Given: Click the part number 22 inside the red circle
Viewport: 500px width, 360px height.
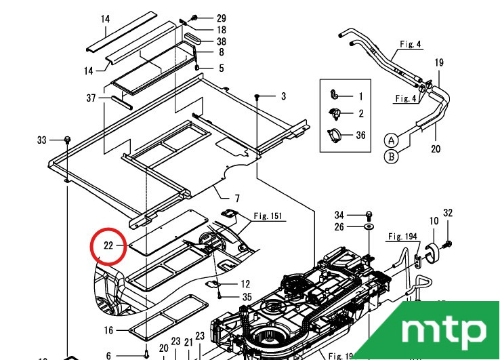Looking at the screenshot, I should click(x=108, y=245).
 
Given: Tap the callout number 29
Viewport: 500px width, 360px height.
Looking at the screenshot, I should click(x=222, y=18).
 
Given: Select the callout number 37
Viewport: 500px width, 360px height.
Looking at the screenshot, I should click(x=91, y=98).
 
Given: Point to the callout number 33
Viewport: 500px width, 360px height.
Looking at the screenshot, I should click(x=41, y=140).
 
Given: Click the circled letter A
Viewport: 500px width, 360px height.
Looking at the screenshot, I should click(x=392, y=141).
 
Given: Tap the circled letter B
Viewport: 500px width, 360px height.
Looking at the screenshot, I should click(x=392, y=157).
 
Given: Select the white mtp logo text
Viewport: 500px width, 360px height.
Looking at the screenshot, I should click(x=444, y=330).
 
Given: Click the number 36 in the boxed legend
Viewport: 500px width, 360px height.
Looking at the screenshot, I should click(x=360, y=136).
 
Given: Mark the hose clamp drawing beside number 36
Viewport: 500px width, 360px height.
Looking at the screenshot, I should click(x=335, y=136).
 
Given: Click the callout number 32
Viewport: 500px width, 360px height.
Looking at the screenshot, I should click(x=447, y=214).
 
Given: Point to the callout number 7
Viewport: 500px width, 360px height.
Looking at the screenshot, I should click(x=237, y=199).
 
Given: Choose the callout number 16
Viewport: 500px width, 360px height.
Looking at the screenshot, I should click(x=108, y=330).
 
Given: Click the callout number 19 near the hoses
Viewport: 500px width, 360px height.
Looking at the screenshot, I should click(x=439, y=63).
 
